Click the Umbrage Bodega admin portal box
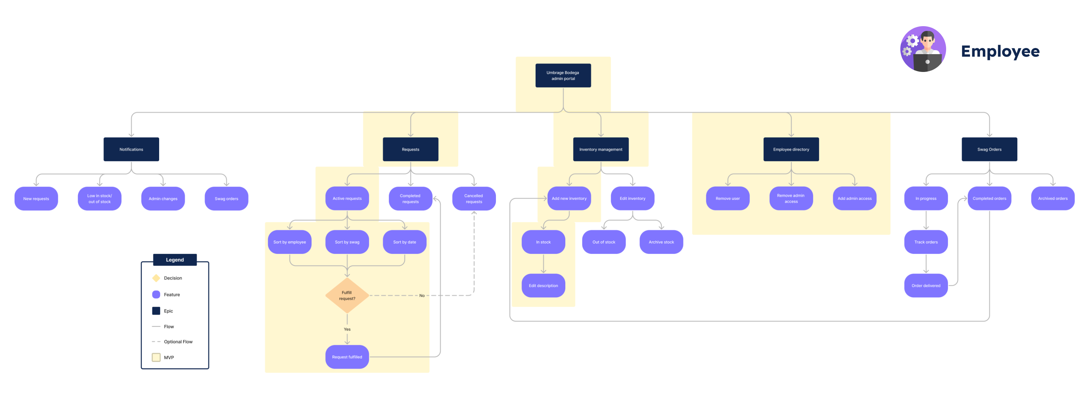click(x=563, y=75)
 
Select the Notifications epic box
click(x=131, y=149)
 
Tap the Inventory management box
click(x=601, y=149)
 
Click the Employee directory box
click(x=791, y=149)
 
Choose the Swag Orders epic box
click(x=989, y=149)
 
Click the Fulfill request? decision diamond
click(x=347, y=295)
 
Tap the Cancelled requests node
click(x=473, y=198)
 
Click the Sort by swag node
click(x=347, y=242)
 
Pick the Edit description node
click(x=543, y=286)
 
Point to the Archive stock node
click(x=661, y=242)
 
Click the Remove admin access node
click(x=791, y=198)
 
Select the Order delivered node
click(x=926, y=286)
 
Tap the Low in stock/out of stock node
click(x=100, y=198)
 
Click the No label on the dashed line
click(x=422, y=296)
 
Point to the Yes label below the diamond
click(x=347, y=329)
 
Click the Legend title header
click(x=175, y=260)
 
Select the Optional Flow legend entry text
click(x=178, y=342)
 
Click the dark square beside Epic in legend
click(x=156, y=311)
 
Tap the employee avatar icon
click(x=923, y=49)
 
